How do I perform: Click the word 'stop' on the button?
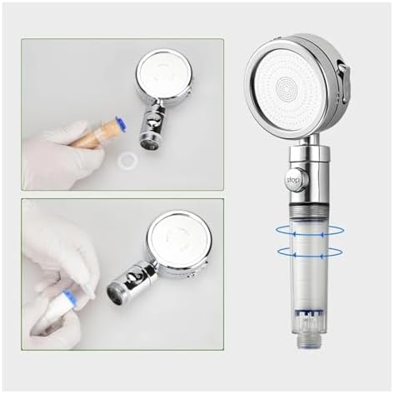tap(293, 179)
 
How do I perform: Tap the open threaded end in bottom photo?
tap(116, 292)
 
